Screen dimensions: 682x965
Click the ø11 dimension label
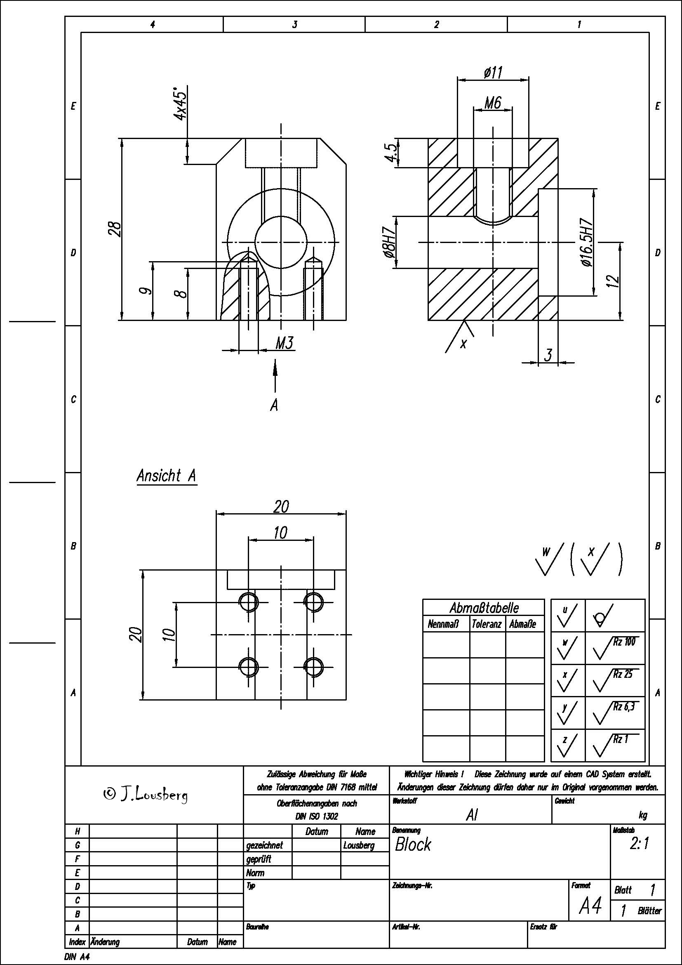(x=493, y=73)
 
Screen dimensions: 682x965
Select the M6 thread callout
(x=493, y=102)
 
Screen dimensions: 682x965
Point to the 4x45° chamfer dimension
(x=181, y=104)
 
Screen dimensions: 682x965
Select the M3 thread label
(x=285, y=343)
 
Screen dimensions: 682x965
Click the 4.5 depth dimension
(x=390, y=154)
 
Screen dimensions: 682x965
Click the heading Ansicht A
(x=167, y=476)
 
